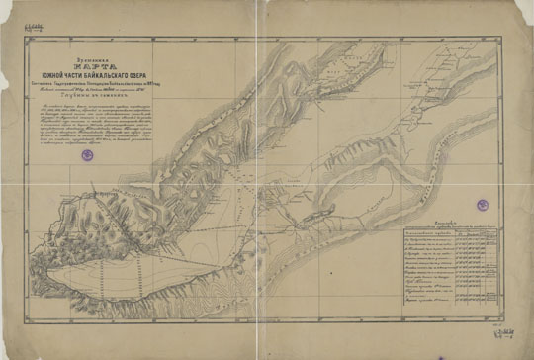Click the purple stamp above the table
pos(484,204)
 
